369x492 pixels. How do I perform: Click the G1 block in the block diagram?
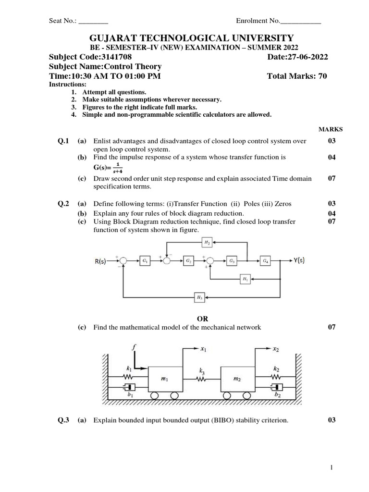point(144,260)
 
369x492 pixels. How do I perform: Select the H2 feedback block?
point(207,243)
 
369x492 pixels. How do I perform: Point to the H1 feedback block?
point(245,278)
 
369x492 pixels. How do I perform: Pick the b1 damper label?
point(131,394)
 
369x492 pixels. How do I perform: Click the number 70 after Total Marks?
point(322,76)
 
